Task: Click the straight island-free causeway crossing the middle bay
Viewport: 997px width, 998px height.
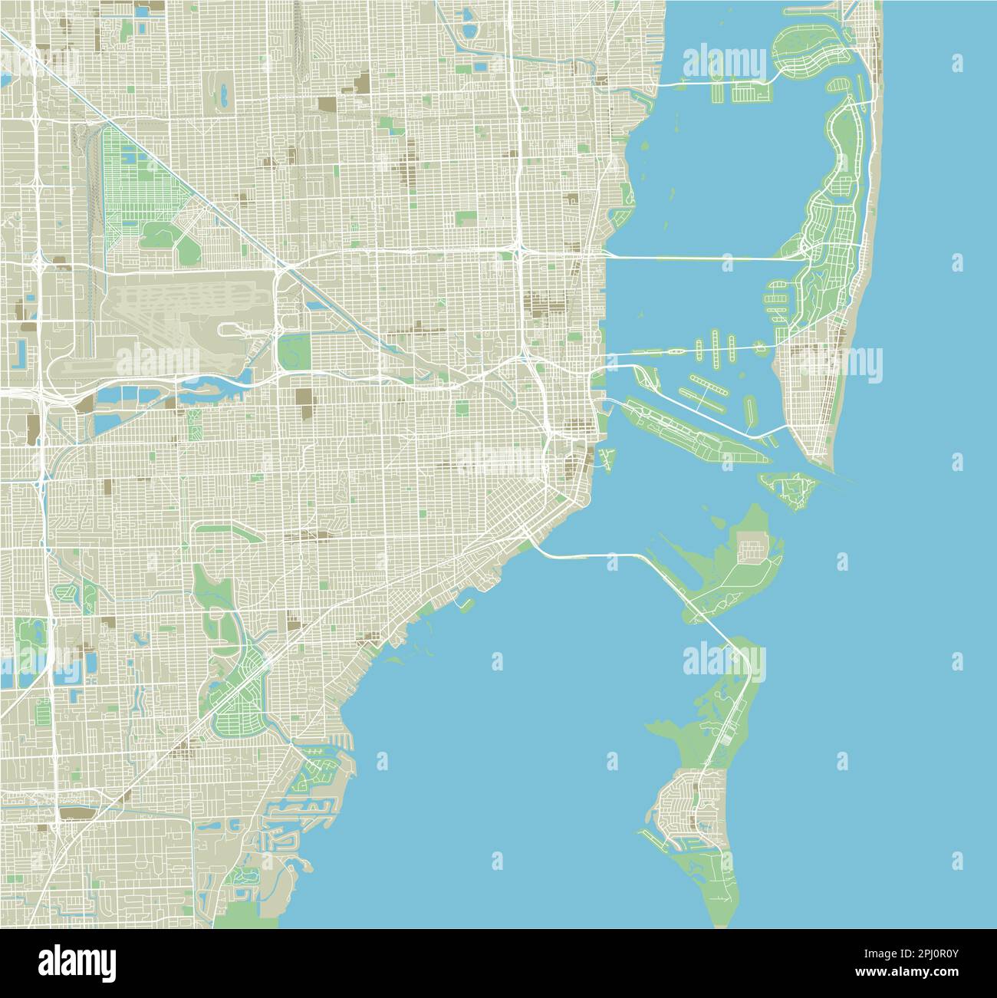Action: [x=698, y=259]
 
